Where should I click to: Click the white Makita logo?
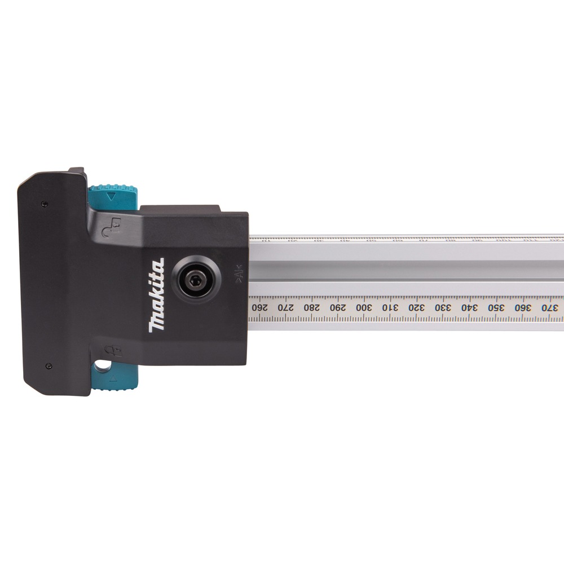157,294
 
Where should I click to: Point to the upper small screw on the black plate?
45,202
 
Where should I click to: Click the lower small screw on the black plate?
49,366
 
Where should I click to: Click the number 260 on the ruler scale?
259,308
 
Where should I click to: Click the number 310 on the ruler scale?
390,308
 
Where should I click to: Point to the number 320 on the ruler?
416,308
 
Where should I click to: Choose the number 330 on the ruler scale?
442,308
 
